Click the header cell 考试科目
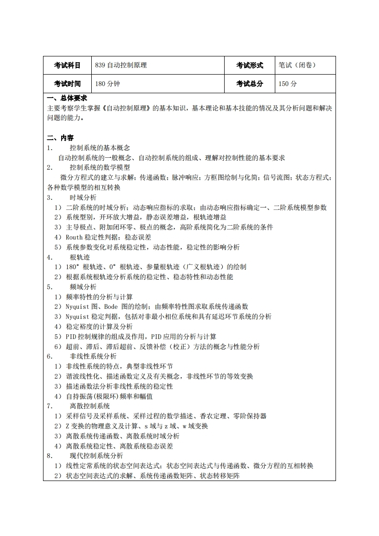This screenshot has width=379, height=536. click(x=67, y=66)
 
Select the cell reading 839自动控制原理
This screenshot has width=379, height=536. click(x=121, y=66)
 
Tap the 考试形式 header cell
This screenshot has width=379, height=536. click(x=249, y=66)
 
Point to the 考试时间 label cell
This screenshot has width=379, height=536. click(x=67, y=84)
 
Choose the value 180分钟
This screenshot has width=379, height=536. click(x=108, y=84)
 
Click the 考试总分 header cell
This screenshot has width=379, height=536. click(x=249, y=84)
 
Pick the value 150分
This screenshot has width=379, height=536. click(x=288, y=84)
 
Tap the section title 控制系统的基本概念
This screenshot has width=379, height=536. click(x=99, y=148)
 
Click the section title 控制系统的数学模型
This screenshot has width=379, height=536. click(x=99, y=167)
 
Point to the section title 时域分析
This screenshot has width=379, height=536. click(x=83, y=197)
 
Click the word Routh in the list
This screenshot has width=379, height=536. click(x=74, y=237)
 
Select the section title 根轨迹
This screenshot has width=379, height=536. click(x=79, y=257)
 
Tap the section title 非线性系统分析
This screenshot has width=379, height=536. click(x=93, y=356)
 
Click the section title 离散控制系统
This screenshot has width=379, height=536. click(x=89, y=406)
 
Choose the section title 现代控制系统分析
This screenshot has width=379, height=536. click(x=96, y=456)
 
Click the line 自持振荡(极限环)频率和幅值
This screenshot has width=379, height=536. click(x=109, y=396)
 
